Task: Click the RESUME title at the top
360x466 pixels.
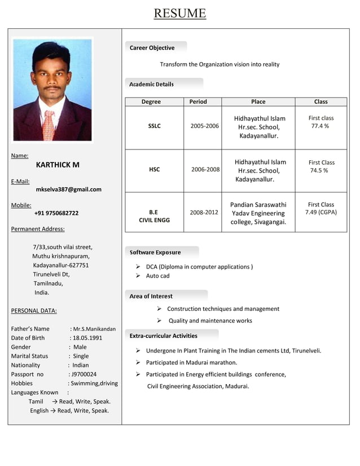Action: click(180, 13)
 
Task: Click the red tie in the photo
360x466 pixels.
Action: click(49, 124)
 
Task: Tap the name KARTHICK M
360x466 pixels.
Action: click(58, 165)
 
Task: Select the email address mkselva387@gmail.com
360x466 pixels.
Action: click(68, 190)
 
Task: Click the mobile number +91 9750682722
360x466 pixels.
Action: click(56, 213)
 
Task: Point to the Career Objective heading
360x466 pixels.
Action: click(152, 48)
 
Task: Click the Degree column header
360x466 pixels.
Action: click(151, 102)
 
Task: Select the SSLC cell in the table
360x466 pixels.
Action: click(154, 126)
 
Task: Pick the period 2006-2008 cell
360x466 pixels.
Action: click(205, 169)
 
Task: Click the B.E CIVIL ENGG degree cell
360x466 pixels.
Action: click(154, 216)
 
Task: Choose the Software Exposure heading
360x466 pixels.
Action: click(155, 252)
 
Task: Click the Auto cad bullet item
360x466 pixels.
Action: click(157, 276)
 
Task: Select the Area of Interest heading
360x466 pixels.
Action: click(151, 296)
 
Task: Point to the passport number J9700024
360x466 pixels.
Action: click(84, 374)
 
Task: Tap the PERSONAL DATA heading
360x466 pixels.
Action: click(34, 311)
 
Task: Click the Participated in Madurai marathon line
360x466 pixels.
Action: click(191, 363)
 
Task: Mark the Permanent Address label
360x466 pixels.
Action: click(38, 229)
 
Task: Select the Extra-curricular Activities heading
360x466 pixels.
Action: click(164, 336)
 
